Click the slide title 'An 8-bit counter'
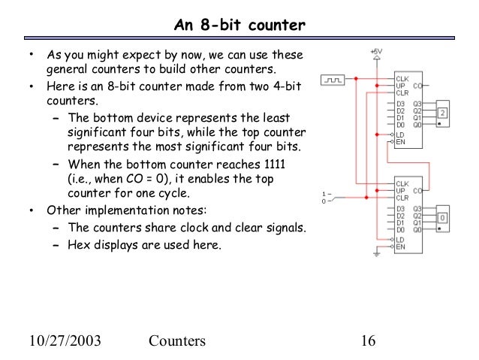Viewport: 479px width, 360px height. click(x=239, y=26)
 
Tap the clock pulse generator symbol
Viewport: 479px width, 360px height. click(x=331, y=78)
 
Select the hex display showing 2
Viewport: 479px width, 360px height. click(x=443, y=113)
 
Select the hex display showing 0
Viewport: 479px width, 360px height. click(x=443, y=219)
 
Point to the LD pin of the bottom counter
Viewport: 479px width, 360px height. click(x=400, y=240)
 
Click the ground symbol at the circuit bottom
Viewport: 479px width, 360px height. click(x=376, y=256)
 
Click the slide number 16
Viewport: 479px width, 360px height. click(x=367, y=340)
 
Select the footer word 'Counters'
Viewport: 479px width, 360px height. click(x=177, y=340)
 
